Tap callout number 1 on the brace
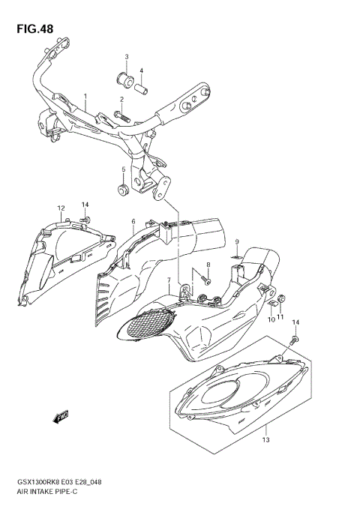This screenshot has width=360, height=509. click(x=85, y=97)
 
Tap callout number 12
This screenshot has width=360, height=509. click(x=61, y=208)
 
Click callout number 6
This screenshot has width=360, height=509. click(x=133, y=222)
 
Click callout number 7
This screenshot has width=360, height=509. click(x=169, y=281)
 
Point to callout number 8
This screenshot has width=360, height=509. click(x=208, y=266)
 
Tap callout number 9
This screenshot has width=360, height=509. click(x=235, y=241)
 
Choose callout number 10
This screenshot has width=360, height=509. click(x=271, y=319)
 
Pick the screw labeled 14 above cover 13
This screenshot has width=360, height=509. click(x=292, y=340)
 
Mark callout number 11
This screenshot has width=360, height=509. click(x=280, y=319)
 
